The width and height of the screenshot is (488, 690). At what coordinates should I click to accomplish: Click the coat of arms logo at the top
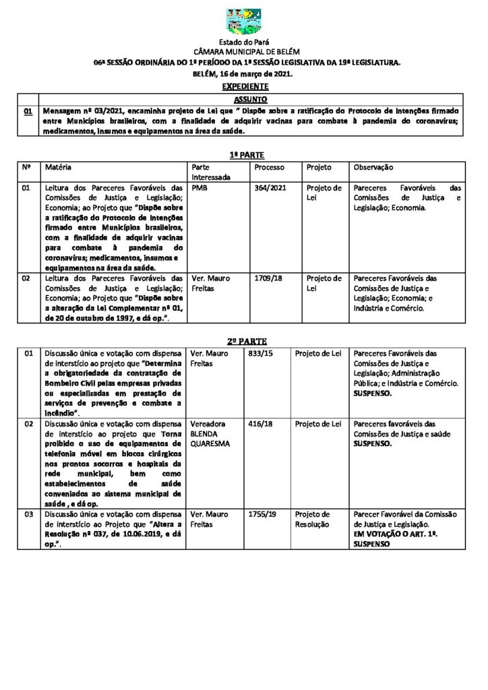coord(244,22)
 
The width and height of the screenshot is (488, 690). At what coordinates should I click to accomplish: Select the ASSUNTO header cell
coord(244,99)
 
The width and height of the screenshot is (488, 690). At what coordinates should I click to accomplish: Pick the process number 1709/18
coord(267,278)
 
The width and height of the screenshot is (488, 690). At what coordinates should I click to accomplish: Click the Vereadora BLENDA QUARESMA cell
coord(210,434)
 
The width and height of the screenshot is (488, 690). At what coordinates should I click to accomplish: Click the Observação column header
coord(373,167)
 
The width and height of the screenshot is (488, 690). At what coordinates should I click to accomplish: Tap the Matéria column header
coord(58,166)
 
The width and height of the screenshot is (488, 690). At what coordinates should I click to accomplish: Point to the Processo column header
coord(270,167)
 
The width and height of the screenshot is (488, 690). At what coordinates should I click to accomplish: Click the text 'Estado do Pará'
coord(244,43)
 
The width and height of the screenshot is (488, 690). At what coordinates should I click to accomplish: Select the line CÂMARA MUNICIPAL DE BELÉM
coord(244,53)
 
